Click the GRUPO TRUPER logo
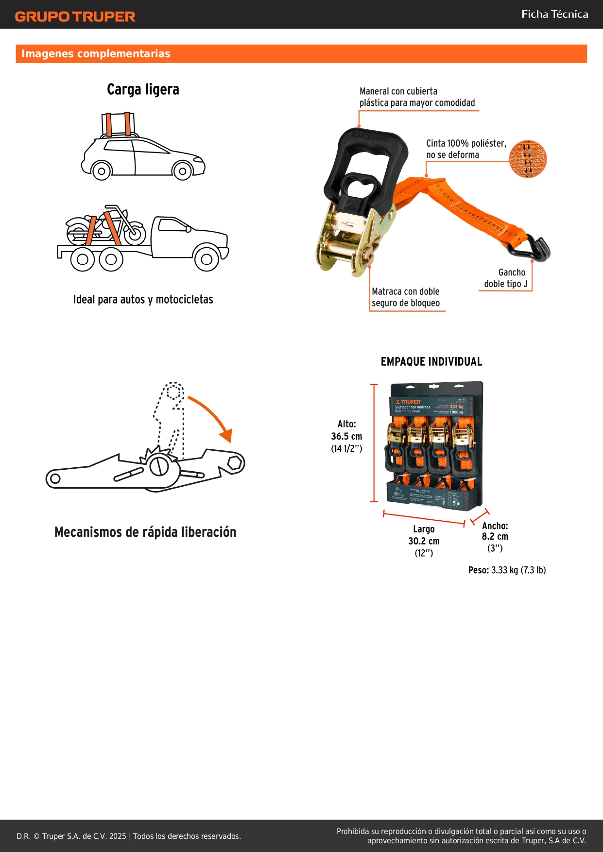[x=75, y=17]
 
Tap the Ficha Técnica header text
[x=554, y=14]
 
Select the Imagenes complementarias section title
[x=96, y=53]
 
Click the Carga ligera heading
[x=143, y=89]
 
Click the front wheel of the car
[x=182, y=170]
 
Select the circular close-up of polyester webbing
[x=528, y=159]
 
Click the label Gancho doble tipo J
[x=506, y=278]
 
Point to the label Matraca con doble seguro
[x=406, y=297]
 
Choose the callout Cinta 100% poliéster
[x=466, y=149]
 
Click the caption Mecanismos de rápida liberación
[x=145, y=532]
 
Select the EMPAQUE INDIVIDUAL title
[x=431, y=361]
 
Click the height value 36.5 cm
[x=346, y=436]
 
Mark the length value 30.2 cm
[x=424, y=541]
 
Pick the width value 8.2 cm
[x=495, y=536]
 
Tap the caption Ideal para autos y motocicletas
[x=143, y=299]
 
